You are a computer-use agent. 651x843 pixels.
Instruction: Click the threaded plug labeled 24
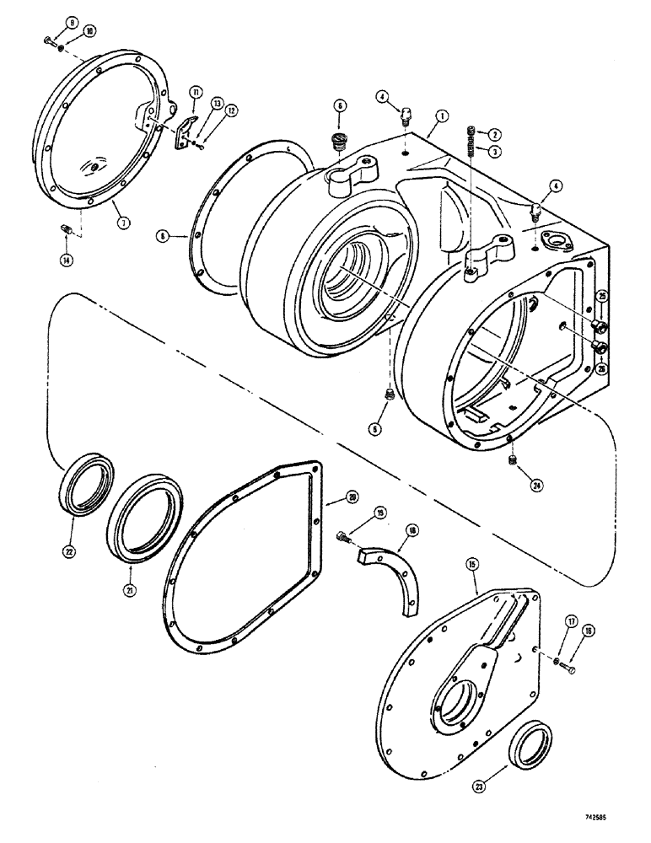514,461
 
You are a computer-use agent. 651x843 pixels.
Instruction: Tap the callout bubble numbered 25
602,296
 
